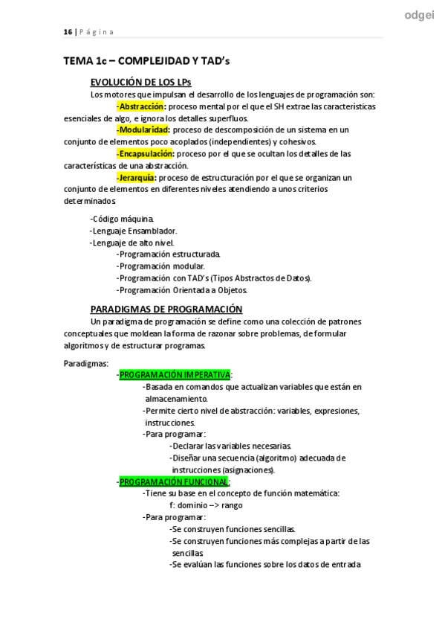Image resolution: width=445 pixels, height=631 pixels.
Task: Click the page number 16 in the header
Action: [67, 32]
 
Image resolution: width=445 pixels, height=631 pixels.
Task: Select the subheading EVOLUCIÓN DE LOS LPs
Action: [141, 82]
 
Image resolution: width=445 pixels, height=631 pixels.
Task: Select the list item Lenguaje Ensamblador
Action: [134, 231]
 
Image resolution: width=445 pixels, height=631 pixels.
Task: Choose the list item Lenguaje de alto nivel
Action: [133, 243]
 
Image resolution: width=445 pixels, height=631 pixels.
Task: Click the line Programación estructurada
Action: [169, 254]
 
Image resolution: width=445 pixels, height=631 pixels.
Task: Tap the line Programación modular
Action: [161, 266]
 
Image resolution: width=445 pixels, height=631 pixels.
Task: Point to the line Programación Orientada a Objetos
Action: [183, 289]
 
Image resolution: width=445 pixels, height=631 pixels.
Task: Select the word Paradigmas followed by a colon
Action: [86, 363]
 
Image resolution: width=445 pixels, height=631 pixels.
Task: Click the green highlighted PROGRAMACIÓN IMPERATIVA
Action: [175, 375]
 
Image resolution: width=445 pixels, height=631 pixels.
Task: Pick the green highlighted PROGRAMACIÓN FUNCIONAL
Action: [174, 481]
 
